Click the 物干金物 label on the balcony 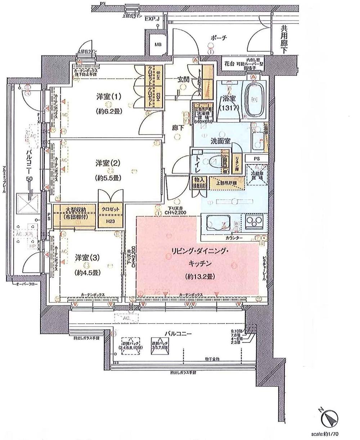click(212, 359)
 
